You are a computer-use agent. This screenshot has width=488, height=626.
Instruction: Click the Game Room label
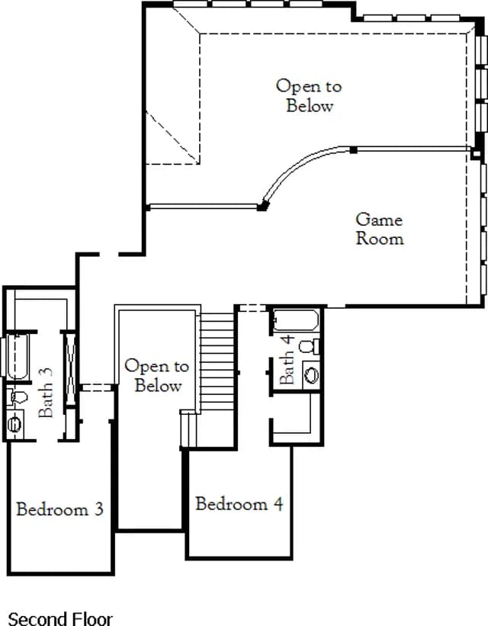click(x=380, y=230)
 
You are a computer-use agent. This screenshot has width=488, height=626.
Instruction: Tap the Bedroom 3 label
click(x=60, y=509)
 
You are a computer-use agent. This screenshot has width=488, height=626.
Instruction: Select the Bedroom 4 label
click(x=239, y=503)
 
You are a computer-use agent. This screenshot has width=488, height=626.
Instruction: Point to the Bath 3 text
click(x=46, y=393)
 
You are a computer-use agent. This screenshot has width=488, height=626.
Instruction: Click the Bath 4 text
click(x=287, y=359)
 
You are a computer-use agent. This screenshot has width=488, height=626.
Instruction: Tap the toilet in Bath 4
click(x=310, y=346)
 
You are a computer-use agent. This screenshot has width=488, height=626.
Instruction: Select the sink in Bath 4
click(x=312, y=375)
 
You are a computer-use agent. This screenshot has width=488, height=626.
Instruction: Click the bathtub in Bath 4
click(x=296, y=320)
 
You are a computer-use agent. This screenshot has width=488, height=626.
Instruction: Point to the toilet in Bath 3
click(x=18, y=396)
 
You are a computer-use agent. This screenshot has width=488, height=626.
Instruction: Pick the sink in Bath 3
click(x=14, y=424)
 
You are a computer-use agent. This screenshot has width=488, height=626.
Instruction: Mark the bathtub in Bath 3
click(x=18, y=357)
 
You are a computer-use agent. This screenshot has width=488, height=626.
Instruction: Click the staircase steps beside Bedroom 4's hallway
click(x=217, y=361)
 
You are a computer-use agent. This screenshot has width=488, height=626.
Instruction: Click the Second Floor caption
click(x=60, y=618)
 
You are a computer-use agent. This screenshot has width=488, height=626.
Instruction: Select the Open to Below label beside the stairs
click(x=157, y=376)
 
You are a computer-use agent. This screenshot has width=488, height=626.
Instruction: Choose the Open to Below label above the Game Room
click(x=309, y=96)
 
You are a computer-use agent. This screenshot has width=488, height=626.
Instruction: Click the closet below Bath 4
click(x=297, y=418)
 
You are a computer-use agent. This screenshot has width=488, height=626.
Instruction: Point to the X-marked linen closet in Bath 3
click(x=70, y=369)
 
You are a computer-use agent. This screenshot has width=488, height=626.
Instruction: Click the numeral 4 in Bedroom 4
click(x=278, y=503)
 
